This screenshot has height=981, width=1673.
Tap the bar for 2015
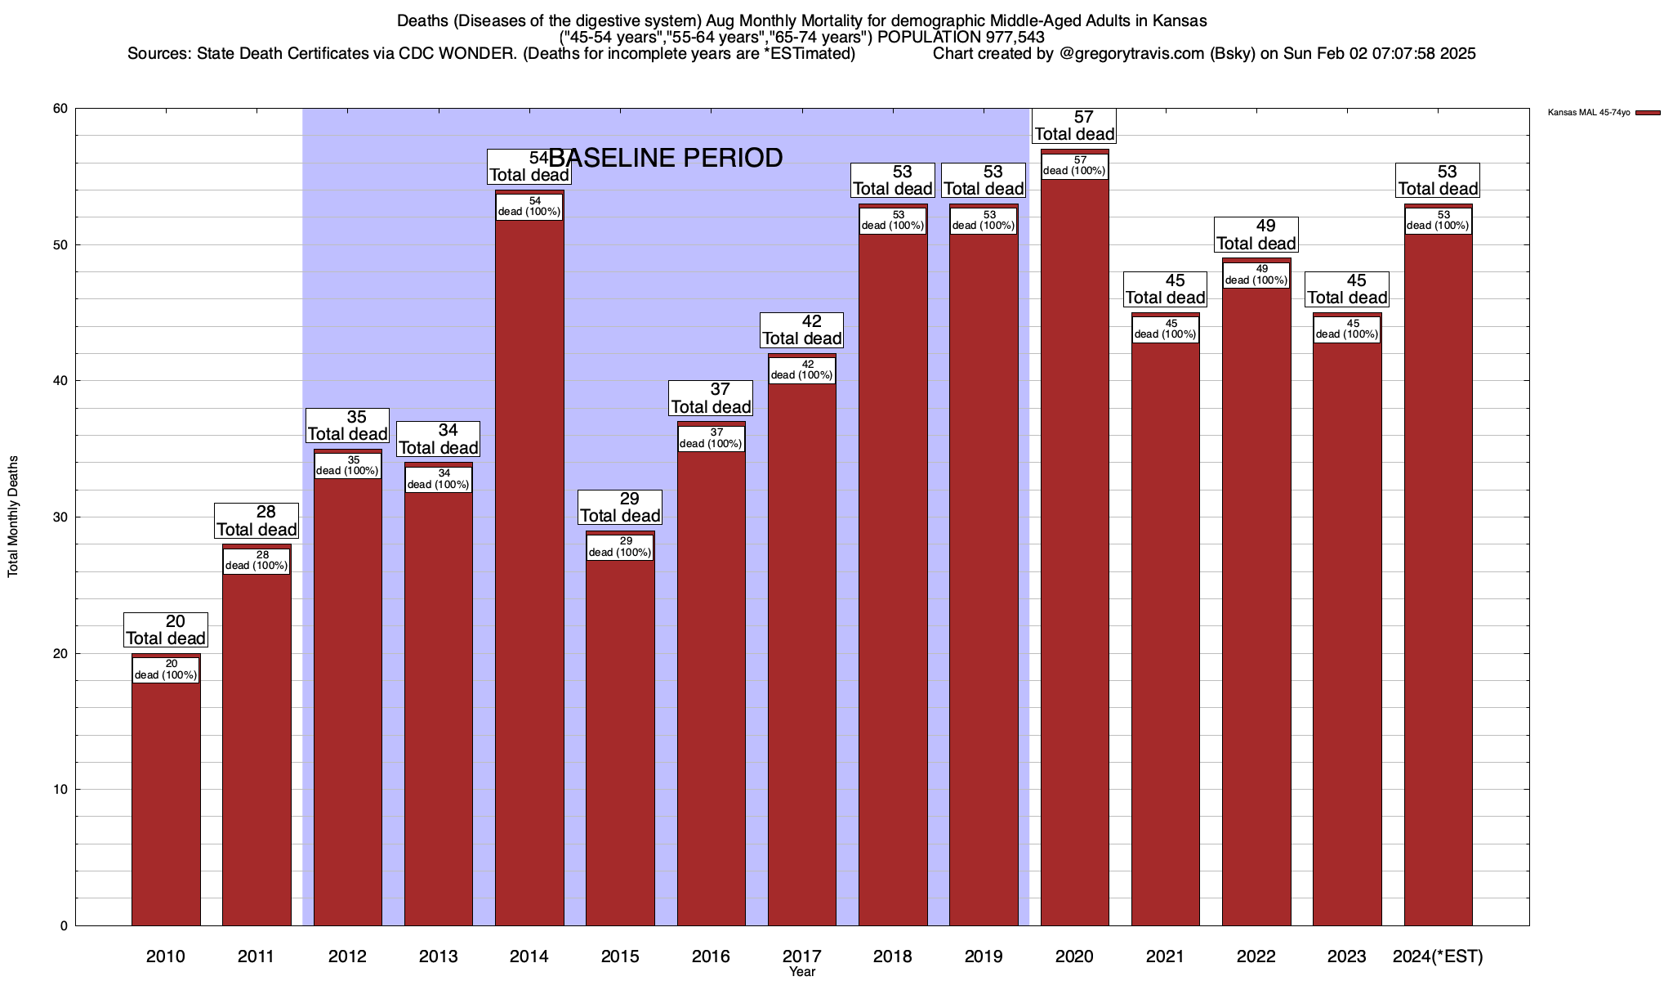(x=620, y=736)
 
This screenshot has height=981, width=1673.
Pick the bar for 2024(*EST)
(x=1438, y=572)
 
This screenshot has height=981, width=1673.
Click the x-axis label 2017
(x=801, y=956)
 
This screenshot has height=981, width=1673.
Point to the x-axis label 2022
(x=1256, y=956)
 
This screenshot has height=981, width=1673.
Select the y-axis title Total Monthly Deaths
(x=13, y=517)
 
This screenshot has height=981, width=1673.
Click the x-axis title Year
(x=801, y=972)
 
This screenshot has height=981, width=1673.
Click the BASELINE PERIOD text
(x=666, y=158)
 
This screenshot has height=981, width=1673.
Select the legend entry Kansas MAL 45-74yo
(x=1588, y=113)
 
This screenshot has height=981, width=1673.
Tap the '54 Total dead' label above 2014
(x=529, y=167)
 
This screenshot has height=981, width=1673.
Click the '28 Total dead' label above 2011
(x=257, y=521)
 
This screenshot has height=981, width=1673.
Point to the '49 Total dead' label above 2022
(x=1256, y=235)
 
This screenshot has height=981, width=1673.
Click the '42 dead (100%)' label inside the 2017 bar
(x=801, y=370)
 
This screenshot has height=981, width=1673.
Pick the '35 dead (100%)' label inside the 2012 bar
(x=347, y=465)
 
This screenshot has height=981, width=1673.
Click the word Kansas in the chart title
(x=1180, y=20)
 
